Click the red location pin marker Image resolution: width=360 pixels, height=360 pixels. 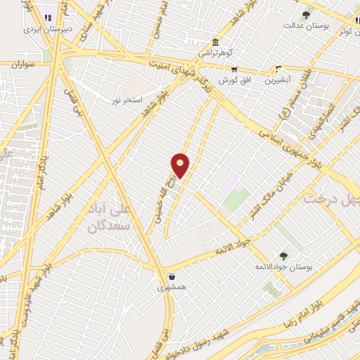pos(181,165)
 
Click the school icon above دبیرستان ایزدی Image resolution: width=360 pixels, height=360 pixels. pos(49,18)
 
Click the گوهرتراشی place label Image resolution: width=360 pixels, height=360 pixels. pos(215,53)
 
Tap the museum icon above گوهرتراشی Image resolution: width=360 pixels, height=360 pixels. pos(214,42)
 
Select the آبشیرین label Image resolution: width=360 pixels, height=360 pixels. pos(278,79)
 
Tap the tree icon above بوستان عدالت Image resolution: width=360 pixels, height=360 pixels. pos(306,14)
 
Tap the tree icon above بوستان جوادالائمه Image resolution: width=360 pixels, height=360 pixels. pos(283,256)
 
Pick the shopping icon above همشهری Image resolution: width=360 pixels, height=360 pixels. pos(172,276)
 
